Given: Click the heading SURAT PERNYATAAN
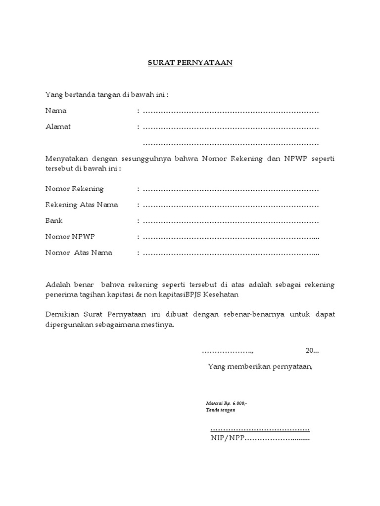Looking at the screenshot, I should click(190, 63).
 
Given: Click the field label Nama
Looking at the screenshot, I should click(56, 111).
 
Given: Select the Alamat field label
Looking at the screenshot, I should click(58, 126).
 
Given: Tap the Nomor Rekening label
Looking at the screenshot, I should click(74, 189).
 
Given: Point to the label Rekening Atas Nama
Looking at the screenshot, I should click(82, 205).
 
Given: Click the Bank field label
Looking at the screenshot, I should click(54, 220).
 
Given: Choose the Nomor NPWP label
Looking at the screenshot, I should click(70, 237).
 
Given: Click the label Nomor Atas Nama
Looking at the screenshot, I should click(79, 253).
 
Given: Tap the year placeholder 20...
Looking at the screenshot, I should click(309, 351).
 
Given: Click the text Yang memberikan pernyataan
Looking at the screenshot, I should click(260, 366).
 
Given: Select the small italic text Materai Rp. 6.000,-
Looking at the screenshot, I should click(227, 403).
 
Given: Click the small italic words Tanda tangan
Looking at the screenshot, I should click(221, 410).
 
